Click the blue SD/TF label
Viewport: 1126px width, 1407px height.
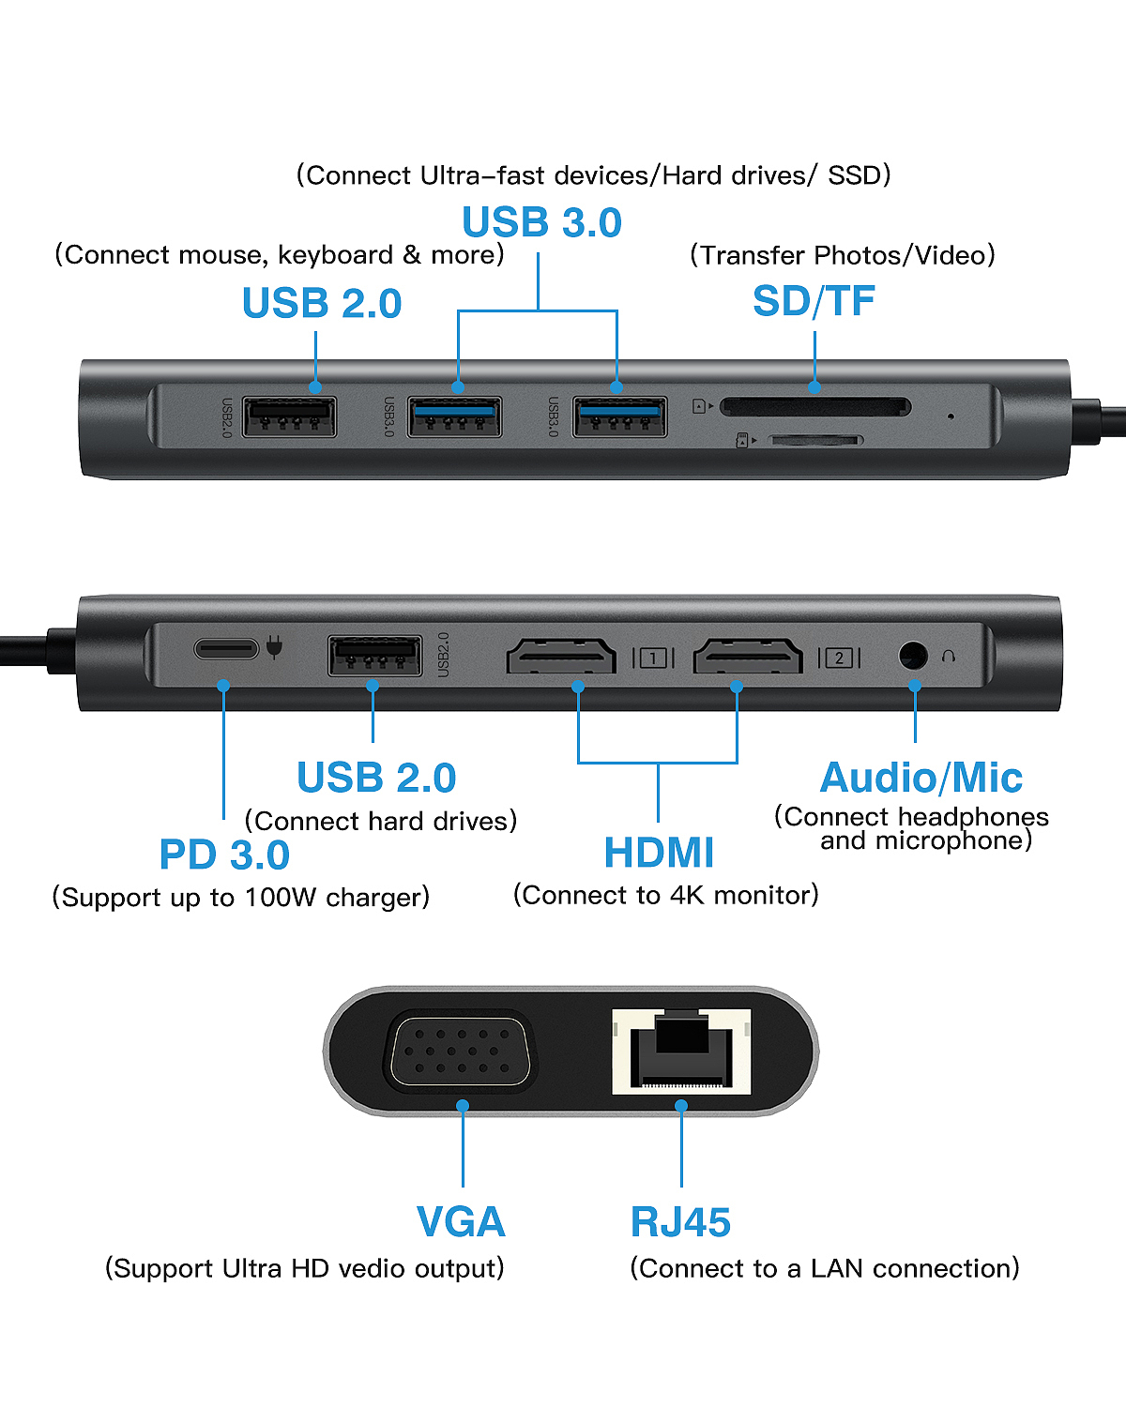(x=814, y=301)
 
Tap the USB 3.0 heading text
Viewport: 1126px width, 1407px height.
(x=541, y=222)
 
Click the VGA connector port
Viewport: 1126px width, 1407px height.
(x=461, y=1051)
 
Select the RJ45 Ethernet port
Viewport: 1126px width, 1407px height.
(x=681, y=1051)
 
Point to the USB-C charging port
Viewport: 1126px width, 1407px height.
(x=226, y=648)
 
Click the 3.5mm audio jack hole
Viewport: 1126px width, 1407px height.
(x=913, y=655)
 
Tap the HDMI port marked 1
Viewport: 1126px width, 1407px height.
(x=561, y=656)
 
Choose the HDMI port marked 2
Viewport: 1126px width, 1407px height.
(x=748, y=656)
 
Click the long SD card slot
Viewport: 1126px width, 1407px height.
(x=815, y=407)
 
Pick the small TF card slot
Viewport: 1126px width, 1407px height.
(x=815, y=440)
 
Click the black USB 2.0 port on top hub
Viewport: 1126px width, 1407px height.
(x=289, y=416)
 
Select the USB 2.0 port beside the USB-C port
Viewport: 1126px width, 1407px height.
(x=375, y=655)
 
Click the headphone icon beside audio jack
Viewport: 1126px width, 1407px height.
(x=949, y=656)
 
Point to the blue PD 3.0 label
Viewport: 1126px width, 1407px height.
(x=224, y=854)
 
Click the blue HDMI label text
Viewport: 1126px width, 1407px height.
(x=659, y=853)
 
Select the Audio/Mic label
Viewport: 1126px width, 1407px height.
(x=921, y=778)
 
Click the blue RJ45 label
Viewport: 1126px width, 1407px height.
(x=680, y=1222)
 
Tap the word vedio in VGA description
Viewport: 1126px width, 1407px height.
(x=365, y=1268)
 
